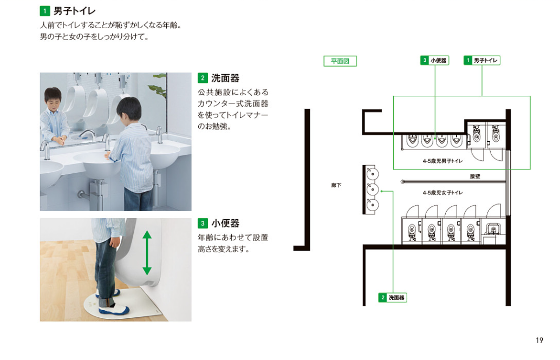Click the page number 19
pos(539,341)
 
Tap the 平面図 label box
pos(340,61)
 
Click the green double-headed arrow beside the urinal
pos(147,252)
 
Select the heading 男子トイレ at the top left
pos(74,11)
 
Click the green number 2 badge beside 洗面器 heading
pos(203,78)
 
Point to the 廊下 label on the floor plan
pos(336,185)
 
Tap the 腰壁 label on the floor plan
pos(475,176)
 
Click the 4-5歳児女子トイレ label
pos(442,193)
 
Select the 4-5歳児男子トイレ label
pos(442,161)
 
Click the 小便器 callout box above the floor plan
pos(435,60)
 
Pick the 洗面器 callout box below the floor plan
pos(393,298)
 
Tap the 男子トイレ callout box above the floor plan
pos(482,60)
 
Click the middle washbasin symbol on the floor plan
pos(372,189)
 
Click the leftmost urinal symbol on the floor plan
pos(413,140)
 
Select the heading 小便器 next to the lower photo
pos(225,223)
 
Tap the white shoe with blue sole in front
pos(114,310)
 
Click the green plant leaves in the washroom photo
pos(158,86)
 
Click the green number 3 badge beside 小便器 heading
pos(203,223)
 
